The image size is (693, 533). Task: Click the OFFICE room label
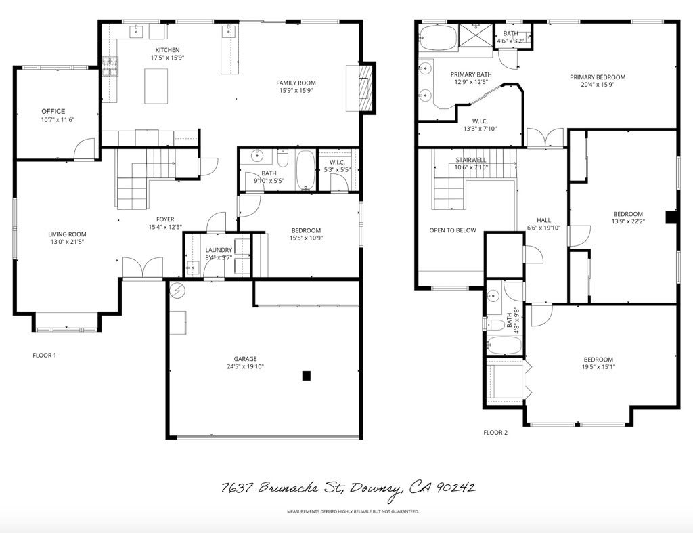(53, 111)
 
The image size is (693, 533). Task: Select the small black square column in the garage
(307, 375)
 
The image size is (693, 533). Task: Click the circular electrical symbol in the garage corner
(178, 291)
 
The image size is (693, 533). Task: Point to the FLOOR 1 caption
(45, 355)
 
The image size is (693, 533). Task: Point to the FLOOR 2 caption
(495, 432)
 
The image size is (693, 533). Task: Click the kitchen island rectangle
(156, 86)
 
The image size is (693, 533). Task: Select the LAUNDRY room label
(219, 250)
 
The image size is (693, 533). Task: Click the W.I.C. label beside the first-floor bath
(338, 162)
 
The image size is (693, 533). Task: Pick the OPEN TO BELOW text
(453, 230)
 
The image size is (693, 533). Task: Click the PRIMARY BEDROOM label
(598, 77)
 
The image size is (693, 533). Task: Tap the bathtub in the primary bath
(437, 38)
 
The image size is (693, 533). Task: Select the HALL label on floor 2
(544, 220)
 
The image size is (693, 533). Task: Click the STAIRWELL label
(471, 160)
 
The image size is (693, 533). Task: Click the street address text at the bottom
(349, 488)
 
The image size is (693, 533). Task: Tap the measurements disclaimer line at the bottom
(353, 511)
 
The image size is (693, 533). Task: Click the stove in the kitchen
(110, 66)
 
